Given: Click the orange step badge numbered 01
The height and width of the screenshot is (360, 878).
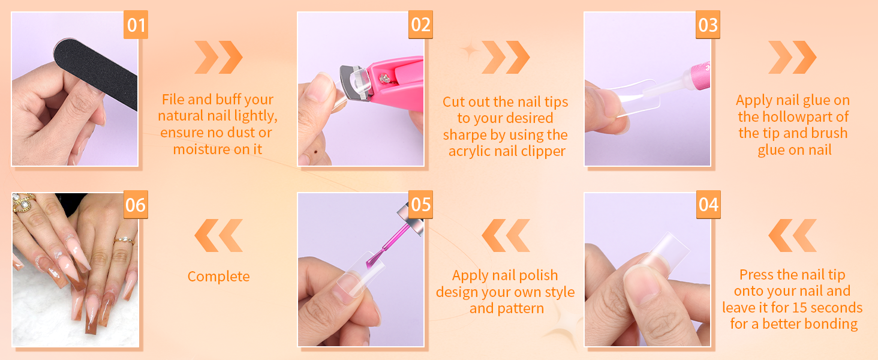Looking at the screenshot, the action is [x=136, y=25].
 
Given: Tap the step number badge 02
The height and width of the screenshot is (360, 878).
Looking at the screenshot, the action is [x=420, y=25].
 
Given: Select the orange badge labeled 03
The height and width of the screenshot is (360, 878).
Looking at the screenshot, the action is [x=708, y=25].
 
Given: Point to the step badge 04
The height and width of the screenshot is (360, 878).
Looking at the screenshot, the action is [x=708, y=205].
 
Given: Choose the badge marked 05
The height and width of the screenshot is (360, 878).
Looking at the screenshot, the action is [x=420, y=205].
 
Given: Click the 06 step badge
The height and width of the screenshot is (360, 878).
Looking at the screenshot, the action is [x=136, y=205].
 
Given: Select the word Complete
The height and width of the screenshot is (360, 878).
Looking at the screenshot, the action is [x=218, y=277].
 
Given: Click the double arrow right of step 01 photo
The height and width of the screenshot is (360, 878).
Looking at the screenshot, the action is [x=219, y=57].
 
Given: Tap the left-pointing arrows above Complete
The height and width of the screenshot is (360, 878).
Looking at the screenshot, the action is [x=219, y=235].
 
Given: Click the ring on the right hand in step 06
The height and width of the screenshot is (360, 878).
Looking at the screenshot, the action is [x=124, y=240].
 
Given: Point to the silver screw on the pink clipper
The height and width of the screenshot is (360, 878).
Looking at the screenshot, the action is [x=384, y=79].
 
